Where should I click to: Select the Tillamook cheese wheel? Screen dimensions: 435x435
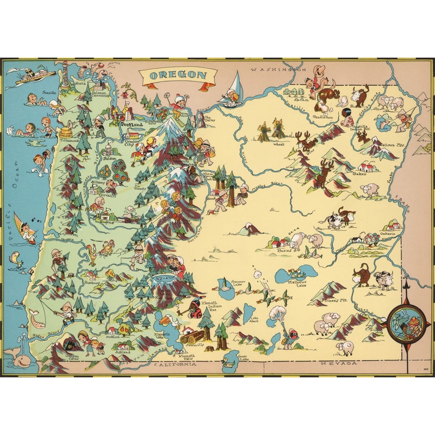[x=67, y=132]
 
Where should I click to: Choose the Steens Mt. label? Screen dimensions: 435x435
[x=335, y=300]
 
